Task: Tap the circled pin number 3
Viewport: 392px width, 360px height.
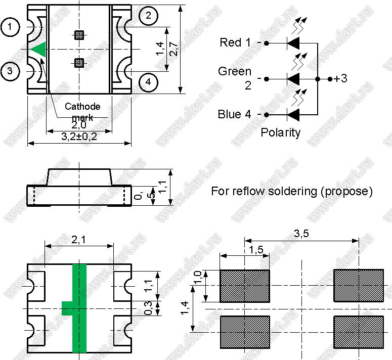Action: tap(11, 71)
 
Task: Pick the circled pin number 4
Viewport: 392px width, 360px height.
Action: tap(148, 81)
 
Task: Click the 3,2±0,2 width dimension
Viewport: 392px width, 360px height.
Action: tap(79, 137)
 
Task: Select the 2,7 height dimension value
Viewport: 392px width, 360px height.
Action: tap(173, 49)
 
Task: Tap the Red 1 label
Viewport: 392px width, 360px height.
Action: tap(235, 43)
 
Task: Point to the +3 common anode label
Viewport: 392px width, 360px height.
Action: tap(340, 79)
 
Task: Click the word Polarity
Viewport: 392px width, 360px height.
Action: tap(280, 133)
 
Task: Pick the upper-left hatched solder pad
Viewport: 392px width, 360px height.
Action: tap(244, 285)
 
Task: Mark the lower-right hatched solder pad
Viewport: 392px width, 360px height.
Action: tap(358, 332)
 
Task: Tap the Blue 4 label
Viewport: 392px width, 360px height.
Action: tap(234, 114)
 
